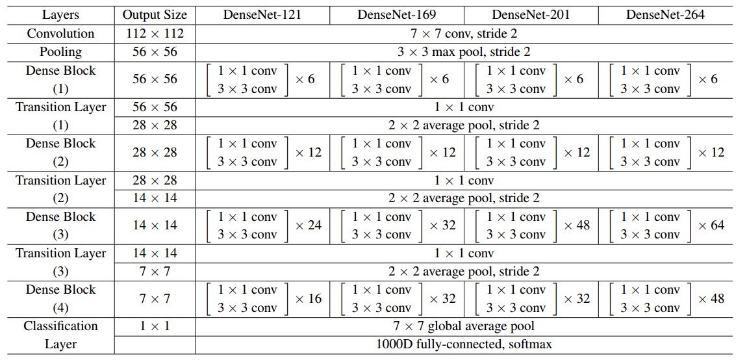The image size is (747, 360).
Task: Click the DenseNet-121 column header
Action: coord(262,14)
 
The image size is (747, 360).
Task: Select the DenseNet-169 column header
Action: coord(396,14)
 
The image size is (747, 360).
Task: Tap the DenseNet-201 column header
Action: coord(531,14)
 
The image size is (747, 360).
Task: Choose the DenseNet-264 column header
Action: coord(665,14)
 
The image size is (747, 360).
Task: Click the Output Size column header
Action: coord(155,14)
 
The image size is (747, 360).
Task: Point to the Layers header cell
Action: coord(60,14)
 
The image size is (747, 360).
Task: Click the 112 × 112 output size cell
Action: coord(155,33)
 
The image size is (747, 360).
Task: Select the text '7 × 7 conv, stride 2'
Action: coord(463,33)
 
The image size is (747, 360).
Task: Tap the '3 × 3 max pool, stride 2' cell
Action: coord(463,51)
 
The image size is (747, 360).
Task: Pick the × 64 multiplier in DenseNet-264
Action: coord(711,225)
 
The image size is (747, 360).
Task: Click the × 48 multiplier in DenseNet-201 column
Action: coord(576,225)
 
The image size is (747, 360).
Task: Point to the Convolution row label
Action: coord(60,33)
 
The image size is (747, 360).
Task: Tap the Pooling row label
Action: coord(60,51)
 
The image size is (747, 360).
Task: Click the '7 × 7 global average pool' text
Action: coord(463,326)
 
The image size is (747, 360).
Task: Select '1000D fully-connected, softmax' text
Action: coord(463,344)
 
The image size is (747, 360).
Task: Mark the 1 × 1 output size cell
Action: coord(155,326)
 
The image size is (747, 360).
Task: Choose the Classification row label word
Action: coord(60,326)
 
